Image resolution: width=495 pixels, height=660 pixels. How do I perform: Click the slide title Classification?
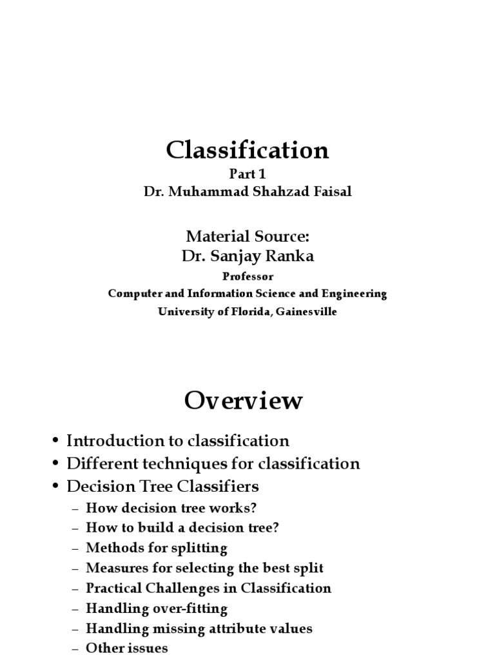[x=247, y=150]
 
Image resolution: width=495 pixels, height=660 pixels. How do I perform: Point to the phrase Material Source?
[x=247, y=236]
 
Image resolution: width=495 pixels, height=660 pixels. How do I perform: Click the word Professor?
[x=247, y=277]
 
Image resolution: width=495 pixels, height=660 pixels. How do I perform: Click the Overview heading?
[x=243, y=401]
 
